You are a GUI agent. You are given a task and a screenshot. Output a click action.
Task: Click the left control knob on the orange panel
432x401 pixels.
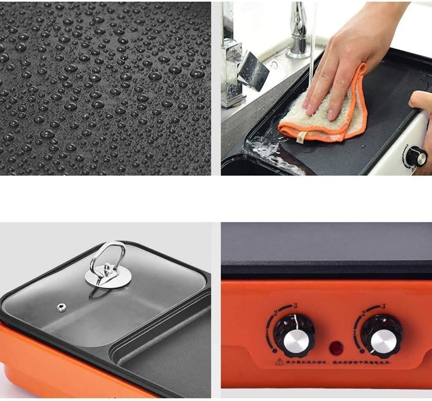point(294,336)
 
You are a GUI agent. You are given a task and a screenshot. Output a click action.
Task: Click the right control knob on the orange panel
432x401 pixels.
point(381,336)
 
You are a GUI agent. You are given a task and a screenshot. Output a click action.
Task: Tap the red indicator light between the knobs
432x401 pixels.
point(337,349)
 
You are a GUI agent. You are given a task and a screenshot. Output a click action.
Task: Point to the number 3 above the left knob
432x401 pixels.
point(295,305)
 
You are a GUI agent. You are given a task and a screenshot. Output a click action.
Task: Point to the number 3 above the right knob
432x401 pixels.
point(383,306)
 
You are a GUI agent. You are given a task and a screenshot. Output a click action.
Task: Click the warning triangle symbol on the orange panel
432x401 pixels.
point(279,362)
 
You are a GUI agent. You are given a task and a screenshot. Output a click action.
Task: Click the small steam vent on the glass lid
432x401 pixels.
point(61,307)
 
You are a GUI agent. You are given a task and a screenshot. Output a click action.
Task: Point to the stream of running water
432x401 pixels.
point(313,42)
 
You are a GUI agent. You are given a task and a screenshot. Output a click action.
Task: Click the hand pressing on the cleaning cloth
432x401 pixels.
point(350,59)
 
